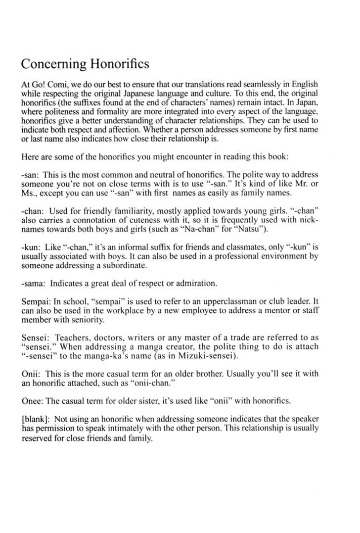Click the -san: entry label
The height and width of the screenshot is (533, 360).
pos(31,175)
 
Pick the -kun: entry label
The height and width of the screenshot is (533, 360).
pos(32,248)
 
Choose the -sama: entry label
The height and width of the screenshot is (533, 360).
pos(35,283)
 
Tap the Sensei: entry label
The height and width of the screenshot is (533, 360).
pos(37,338)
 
